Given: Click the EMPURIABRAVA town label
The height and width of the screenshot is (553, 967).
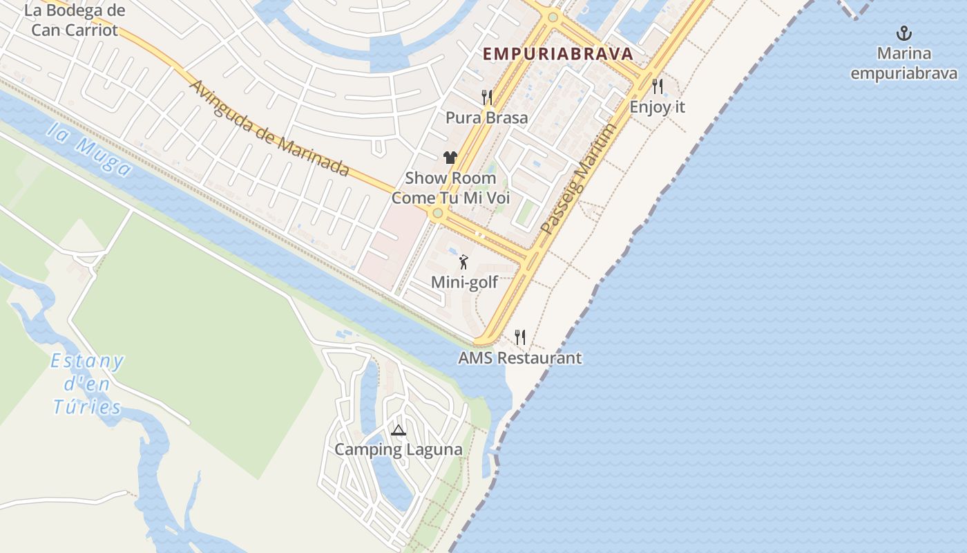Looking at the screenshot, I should (557, 54).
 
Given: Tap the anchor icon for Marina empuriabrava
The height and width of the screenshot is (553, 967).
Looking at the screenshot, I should (903, 32).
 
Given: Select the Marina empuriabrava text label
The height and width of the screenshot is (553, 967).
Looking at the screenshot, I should (903, 64).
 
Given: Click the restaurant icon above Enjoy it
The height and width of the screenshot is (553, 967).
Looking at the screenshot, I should (658, 86).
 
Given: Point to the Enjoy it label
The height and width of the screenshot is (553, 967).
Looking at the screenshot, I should (658, 107).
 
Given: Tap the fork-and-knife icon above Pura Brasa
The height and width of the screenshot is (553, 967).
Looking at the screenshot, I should (487, 97).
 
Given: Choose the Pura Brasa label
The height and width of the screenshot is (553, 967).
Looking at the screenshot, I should (486, 118).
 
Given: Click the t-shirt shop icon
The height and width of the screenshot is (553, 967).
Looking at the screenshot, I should (450, 158).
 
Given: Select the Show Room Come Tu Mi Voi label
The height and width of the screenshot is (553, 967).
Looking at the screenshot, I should (450, 188).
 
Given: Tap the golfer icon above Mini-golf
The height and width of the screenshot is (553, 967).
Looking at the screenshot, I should (464, 262).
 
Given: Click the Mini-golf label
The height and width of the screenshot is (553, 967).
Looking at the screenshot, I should (464, 282).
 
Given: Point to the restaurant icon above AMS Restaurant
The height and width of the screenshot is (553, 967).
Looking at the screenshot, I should (520, 337).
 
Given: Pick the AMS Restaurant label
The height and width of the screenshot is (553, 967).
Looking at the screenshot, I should (520, 358).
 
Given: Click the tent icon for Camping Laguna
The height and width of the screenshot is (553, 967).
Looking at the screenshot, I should (399, 430).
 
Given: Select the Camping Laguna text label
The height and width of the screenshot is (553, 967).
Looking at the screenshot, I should (399, 449).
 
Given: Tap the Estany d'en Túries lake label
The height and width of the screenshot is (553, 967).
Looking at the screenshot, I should (88, 384).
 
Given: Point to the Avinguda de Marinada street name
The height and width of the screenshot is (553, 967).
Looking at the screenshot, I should (269, 129).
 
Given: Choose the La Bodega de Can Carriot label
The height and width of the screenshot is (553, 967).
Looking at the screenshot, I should (75, 20).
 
